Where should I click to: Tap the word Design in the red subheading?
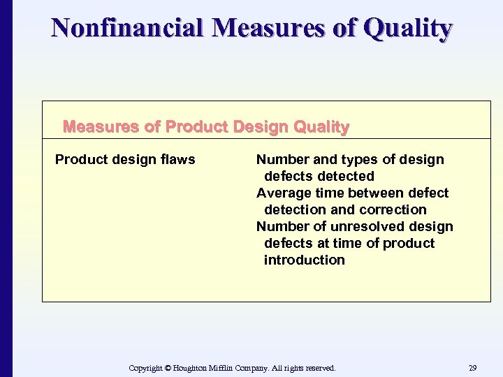click(260, 127)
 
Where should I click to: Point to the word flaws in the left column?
click(177, 160)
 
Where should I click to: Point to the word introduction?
click(304, 260)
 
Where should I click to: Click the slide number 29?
click(473, 368)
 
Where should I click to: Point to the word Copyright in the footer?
click(145, 368)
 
